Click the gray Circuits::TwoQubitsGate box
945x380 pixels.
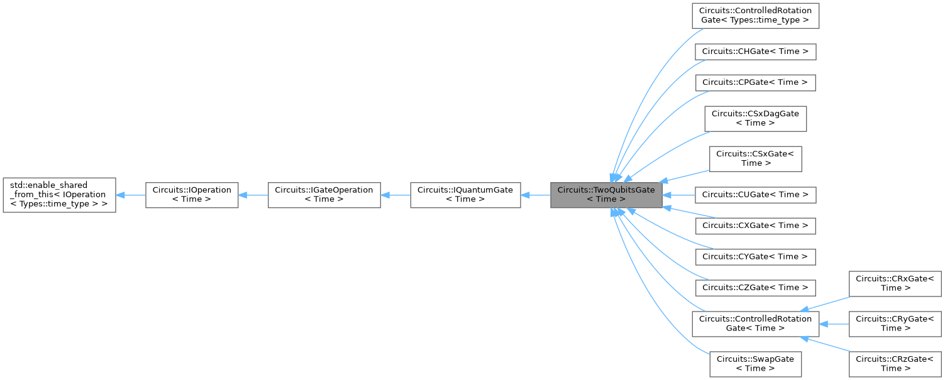pyautogui.click(x=606, y=195)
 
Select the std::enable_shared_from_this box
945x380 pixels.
pyautogui.click(x=59, y=195)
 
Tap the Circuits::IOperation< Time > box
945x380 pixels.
pyautogui.click(x=192, y=195)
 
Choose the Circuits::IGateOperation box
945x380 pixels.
pyautogui.click(x=324, y=195)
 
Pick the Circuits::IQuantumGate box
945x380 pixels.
pyautogui.click(x=465, y=195)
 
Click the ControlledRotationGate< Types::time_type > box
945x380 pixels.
pyautogui.click(x=755, y=16)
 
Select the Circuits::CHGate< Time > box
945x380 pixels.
pyautogui.click(x=755, y=52)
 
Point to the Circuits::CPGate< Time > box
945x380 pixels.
pyautogui.click(x=755, y=82)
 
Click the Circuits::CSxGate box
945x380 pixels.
pyautogui.click(x=755, y=158)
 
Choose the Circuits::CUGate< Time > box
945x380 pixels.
pyautogui.click(x=755, y=195)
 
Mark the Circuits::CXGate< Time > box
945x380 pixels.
pyautogui.click(x=755, y=225)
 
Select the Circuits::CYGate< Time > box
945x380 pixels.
pyautogui.click(x=755, y=256)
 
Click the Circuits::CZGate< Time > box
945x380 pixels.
pyautogui.click(x=755, y=287)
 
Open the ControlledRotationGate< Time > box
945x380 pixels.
pyautogui.click(x=755, y=323)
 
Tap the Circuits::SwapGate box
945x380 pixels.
pyautogui.click(x=755, y=364)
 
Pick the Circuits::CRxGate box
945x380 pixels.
pyautogui.click(x=895, y=283)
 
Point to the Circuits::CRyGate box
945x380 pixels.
pyautogui.click(x=895, y=323)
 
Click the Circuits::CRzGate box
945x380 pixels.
pyautogui.click(x=895, y=364)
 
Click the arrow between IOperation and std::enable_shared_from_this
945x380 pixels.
pyautogui.click(x=131, y=195)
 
